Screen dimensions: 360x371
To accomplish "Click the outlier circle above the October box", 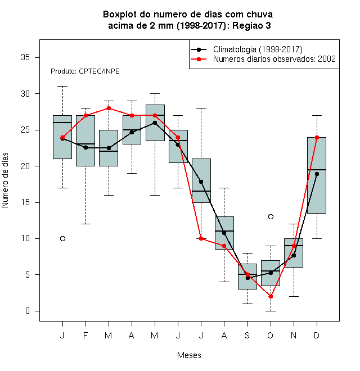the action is [271, 217].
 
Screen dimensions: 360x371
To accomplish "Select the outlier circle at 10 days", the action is [62, 238].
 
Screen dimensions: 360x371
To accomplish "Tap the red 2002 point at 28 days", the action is [109, 108].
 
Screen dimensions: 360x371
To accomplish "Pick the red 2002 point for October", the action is [271, 296].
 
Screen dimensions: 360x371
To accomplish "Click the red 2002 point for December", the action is [317, 137].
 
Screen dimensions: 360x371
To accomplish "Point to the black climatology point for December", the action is [317, 174].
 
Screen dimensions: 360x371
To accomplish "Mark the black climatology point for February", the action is [85, 147].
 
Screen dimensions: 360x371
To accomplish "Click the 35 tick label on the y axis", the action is [25, 57].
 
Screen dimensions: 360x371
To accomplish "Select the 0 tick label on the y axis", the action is [28, 311].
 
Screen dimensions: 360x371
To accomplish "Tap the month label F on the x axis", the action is [85, 335].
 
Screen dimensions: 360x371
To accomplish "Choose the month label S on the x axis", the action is [247, 335].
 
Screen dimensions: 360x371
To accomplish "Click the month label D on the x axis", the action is [317, 335].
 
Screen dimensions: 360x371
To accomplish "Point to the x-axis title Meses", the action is [189, 355].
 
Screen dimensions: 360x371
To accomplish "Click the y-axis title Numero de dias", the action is [5, 180].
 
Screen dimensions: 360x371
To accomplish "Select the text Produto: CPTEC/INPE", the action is [85, 71].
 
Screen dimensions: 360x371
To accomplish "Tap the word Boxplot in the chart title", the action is [120, 15].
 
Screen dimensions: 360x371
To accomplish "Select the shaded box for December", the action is [317, 175].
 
